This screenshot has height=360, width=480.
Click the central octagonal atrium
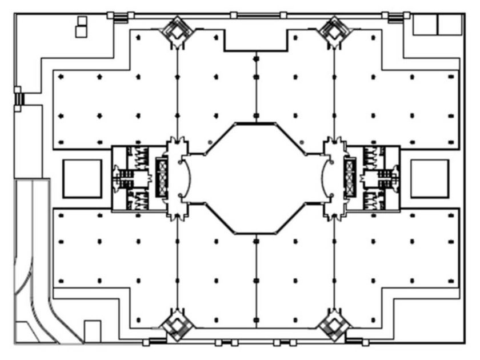(255, 178)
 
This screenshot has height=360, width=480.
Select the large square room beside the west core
(82, 178)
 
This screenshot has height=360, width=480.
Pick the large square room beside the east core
(429, 178)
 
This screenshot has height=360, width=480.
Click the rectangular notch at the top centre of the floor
(255, 40)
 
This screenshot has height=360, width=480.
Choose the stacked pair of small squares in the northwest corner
(81, 27)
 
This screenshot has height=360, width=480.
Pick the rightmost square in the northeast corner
(449, 25)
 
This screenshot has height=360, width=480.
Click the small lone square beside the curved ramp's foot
(92, 330)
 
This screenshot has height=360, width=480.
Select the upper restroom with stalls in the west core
(138, 155)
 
